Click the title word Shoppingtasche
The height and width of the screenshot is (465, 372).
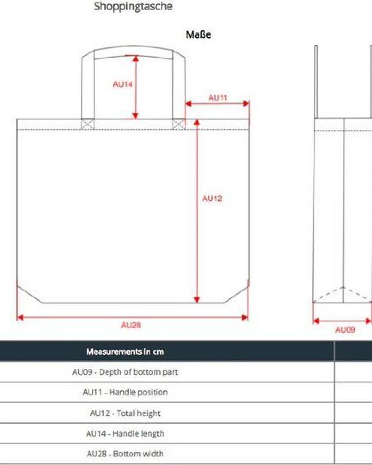coord(133,6)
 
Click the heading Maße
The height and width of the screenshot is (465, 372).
coord(198,34)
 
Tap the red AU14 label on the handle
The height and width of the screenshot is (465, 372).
coord(123,84)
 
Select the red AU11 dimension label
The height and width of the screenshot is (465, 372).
coord(218,98)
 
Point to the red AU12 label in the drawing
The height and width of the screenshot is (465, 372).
coord(212,198)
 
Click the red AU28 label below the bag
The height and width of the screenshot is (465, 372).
coord(131,325)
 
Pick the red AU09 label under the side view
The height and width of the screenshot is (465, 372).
coord(345,329)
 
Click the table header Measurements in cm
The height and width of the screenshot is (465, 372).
coord(125,352)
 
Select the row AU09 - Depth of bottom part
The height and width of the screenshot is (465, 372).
coord(125,372)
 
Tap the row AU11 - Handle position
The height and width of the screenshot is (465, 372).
coord(125,392)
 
